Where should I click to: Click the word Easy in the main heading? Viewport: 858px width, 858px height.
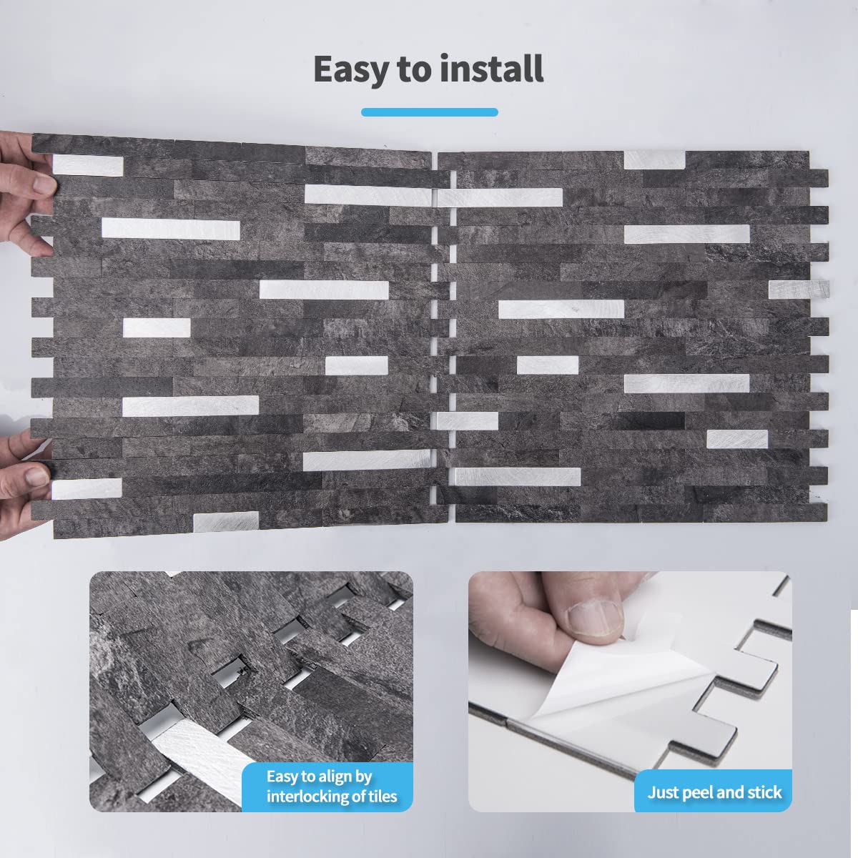point(351,70)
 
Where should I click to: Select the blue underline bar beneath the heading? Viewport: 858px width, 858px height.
point(429,112)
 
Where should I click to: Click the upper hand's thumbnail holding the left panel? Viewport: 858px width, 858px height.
point(45,184)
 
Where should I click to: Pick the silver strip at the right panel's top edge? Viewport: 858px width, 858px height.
point(654,160)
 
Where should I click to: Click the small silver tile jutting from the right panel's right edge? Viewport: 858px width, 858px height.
point(799,290)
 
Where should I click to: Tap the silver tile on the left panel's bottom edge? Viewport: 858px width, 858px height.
point(226,522)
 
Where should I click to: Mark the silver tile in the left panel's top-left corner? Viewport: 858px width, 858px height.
point(88,165)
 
